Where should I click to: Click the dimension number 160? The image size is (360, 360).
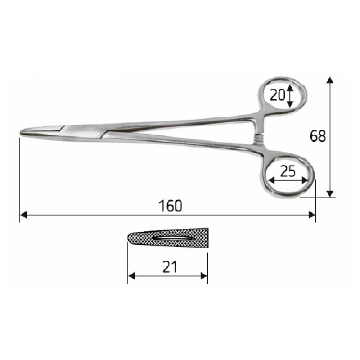tap(171, 206)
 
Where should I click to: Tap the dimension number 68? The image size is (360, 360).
tap(318, 135)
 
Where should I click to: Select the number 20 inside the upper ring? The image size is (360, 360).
tap(278, 95)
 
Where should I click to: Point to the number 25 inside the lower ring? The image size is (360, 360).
tap(288, 171)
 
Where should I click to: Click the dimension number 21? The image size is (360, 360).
tap(169, 267)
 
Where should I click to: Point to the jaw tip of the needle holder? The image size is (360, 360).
tap(23, 132)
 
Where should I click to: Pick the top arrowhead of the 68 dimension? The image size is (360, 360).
tap(330, 80)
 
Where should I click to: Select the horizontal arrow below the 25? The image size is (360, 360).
tap(288, 181)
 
